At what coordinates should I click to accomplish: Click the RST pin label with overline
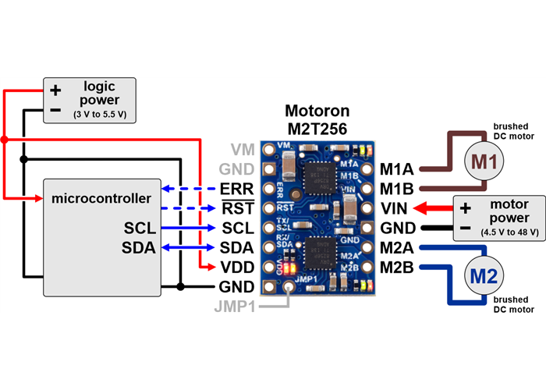[x=236, y=209]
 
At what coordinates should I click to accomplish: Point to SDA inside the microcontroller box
[x=138, y=248]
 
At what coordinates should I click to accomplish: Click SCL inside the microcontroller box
[x=138, y=229]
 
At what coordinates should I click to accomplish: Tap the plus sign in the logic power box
[x=55, y=90]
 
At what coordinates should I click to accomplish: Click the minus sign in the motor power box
[x=466, y=228]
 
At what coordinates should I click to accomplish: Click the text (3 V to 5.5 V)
[x=99, y=114]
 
